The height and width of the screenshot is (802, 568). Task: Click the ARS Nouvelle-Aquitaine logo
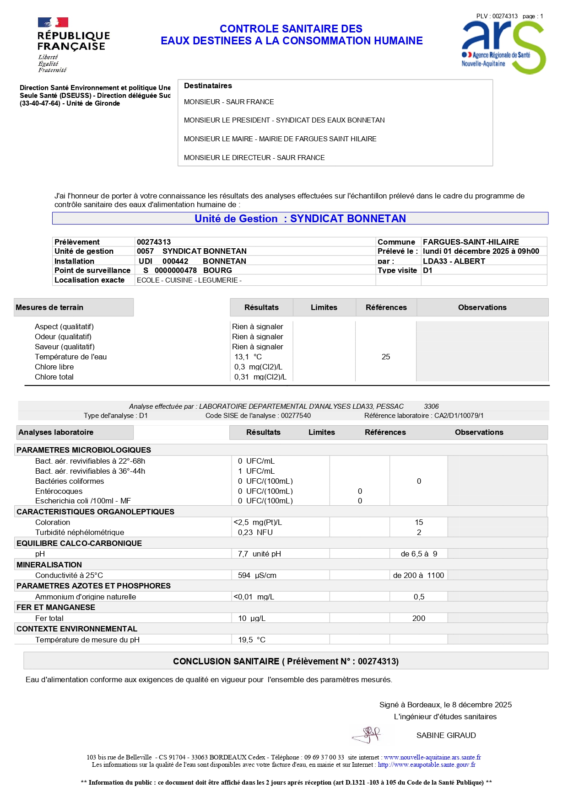(x=503, y=46)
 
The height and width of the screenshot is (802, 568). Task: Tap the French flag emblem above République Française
(x=53, y=22)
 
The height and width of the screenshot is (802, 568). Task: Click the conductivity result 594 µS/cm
(x=257, y=575)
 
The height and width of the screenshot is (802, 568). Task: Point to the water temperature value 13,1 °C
(x=248, y=357)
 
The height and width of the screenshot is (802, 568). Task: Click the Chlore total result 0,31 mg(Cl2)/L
(x=260, y=377)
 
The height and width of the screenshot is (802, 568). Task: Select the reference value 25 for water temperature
(x=386, y=357)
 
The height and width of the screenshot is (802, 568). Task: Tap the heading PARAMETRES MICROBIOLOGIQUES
(x=84, y=450)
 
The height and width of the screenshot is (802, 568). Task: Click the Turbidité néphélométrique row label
(x=80, y=532)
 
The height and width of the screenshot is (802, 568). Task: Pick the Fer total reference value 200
(x=419, y=618)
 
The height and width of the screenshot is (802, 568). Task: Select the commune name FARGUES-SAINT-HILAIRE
(x=471, y=242)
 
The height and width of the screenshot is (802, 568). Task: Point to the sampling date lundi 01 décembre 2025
(x=481, y=251)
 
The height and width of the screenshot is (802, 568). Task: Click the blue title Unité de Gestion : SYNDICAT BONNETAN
(x=300, y=219)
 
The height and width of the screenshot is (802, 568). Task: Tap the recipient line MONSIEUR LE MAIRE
(x=280, y=139)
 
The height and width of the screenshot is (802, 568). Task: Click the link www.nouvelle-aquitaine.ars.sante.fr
(x=432, y=757)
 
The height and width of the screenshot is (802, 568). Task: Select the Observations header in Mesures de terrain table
(x=482, y=307)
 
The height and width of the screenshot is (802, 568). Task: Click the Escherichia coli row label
(x=83, y=501)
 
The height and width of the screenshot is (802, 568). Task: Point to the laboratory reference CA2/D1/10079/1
(x=459, y=416)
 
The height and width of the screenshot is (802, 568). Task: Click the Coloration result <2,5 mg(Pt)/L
(x=258, y=522)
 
